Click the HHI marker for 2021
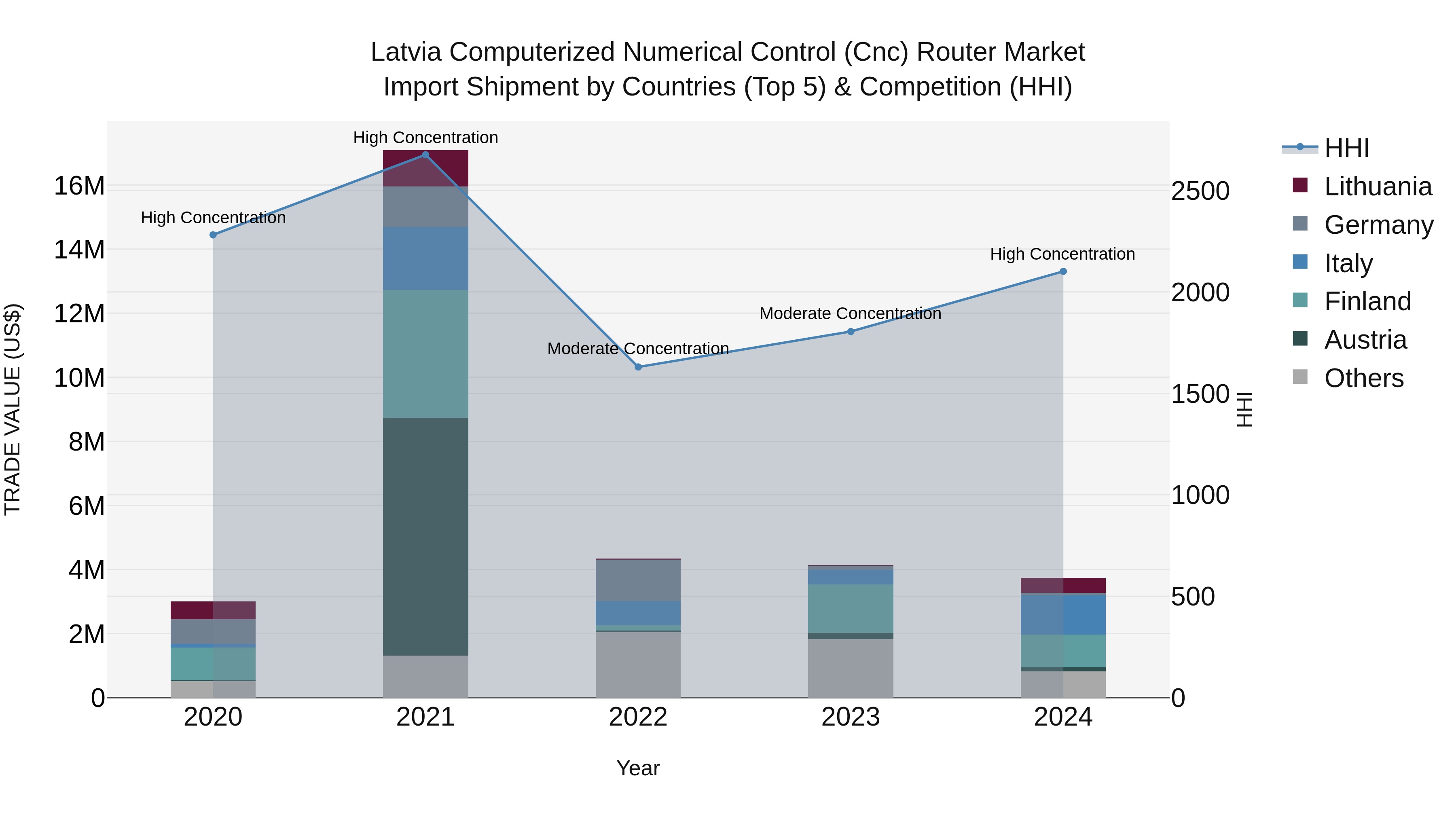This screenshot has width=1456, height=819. pos(425,155)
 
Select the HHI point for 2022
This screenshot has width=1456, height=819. pos(638,367)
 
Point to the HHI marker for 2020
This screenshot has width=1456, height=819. pos(213,235)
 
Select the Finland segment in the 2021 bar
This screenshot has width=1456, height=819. pos(425,354)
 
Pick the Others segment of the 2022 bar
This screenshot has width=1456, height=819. pos(638,665)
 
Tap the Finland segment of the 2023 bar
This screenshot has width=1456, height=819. pos(851,609)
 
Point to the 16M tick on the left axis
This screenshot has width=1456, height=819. pos(79,186)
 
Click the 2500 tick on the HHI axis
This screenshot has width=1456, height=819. pos(1200,191)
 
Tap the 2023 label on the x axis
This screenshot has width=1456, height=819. pos(851,717)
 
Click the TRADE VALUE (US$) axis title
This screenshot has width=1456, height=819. pos(13,409)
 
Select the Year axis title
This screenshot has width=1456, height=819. pos(638,768)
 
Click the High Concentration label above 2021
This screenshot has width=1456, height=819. pos(425,138)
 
